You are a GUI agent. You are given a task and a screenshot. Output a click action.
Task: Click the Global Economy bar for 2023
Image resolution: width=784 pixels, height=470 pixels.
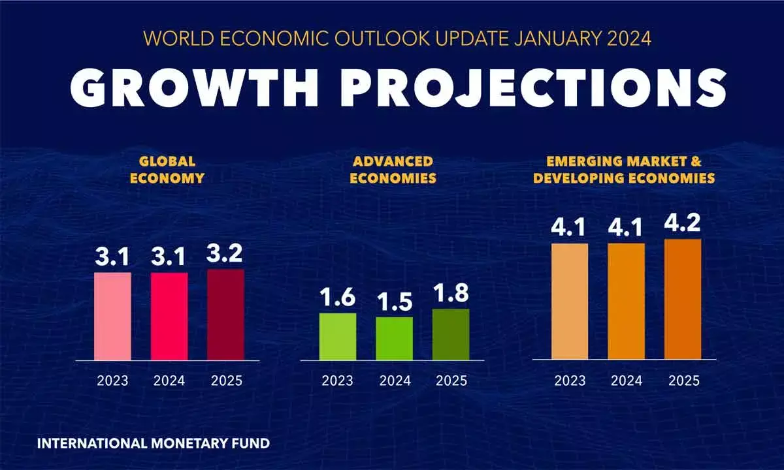coord(112,316)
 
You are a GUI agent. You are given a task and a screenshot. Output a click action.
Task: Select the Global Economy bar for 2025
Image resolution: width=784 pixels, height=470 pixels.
coord(225,314)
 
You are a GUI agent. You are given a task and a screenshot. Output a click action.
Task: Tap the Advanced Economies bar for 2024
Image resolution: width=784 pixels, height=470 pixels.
coord(394,338)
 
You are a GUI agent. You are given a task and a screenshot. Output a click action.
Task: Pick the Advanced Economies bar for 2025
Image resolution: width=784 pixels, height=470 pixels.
coord(451,334)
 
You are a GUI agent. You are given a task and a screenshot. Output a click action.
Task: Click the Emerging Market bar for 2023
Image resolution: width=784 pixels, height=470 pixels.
coord(570,301)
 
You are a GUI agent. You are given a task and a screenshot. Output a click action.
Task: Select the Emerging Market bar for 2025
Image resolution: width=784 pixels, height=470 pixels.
coord(683,299)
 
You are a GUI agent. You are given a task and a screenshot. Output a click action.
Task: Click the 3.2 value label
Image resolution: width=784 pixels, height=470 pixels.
coord(226,253)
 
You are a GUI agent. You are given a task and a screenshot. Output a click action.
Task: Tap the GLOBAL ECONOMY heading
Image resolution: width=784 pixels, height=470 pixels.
coord(167,169)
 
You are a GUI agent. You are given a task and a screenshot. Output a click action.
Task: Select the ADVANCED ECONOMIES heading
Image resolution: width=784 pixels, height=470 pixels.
coord(393,169)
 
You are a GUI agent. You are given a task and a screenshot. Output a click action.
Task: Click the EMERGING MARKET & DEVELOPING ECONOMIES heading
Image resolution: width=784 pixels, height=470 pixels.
coord(623,169)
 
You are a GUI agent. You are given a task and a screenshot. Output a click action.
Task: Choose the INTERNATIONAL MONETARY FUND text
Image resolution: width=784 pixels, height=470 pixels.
coord(153,443)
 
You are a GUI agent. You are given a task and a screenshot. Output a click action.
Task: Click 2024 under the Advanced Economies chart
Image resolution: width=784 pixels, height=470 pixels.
coord(394,381)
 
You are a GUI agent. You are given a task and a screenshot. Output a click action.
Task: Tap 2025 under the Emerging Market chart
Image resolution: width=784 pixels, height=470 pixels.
coord(683,381)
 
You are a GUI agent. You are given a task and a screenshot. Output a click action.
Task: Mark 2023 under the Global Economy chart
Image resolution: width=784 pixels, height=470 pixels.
coord(112,381)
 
